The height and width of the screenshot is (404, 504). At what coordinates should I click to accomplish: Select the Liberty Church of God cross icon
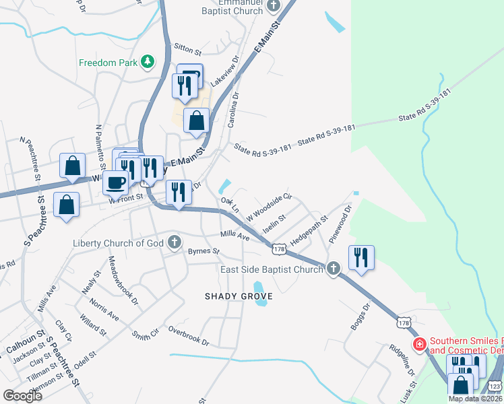[175, 242]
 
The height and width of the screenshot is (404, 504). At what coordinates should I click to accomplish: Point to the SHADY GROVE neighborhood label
[239, 296]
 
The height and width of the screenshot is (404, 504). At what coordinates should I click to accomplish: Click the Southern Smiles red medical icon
[419, 345]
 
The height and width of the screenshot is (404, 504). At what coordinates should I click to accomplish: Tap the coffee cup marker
[117, 182]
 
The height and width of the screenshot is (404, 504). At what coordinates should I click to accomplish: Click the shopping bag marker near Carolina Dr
[196, 121]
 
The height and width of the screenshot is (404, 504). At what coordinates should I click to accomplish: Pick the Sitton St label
[188, 50]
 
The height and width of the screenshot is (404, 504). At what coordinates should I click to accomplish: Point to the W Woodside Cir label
[268, 206]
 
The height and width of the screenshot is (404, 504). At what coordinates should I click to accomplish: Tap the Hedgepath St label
[309, 230]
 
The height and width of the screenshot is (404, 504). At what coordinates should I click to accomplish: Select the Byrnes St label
[204, 251]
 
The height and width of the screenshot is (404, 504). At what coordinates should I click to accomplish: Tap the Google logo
[22, 396]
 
